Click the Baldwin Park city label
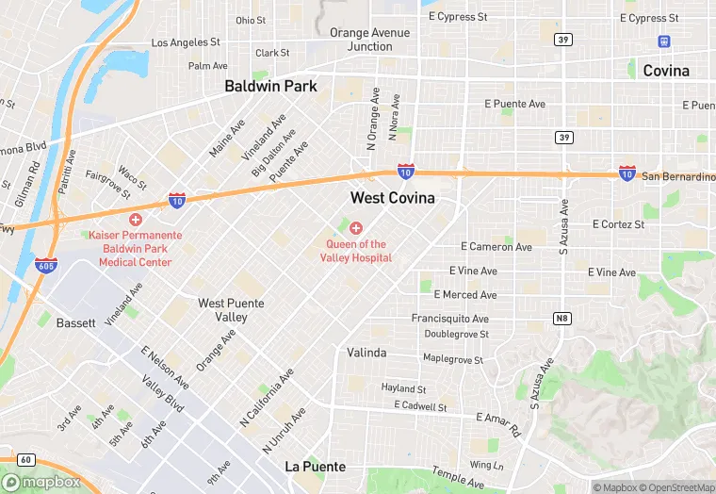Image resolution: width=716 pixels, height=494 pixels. tap(270, 86)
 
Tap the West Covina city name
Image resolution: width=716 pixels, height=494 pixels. tap(392, 198)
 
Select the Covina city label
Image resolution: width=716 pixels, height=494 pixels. tap(665, 71)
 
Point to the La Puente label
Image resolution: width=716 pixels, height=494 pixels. tap(315, 467)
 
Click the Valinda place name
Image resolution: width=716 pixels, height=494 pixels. tap(366, 353)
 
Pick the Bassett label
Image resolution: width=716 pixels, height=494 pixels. tap(75, 322)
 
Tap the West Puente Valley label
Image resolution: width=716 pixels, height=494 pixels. tap(231, 310)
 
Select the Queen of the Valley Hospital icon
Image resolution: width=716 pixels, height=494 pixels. tap(356, 228)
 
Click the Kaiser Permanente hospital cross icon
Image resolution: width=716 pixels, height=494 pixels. tap(136, 219)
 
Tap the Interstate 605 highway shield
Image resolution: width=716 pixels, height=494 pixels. tap(45, 265)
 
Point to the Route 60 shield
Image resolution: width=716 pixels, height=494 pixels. tap(25, 459)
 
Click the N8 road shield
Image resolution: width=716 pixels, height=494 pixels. tap(562, 319)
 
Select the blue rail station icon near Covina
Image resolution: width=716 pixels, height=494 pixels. tap(664, 41)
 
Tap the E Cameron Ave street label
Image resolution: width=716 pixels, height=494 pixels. tap(496, 247)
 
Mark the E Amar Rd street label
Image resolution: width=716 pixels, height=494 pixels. tap(499, 423)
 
